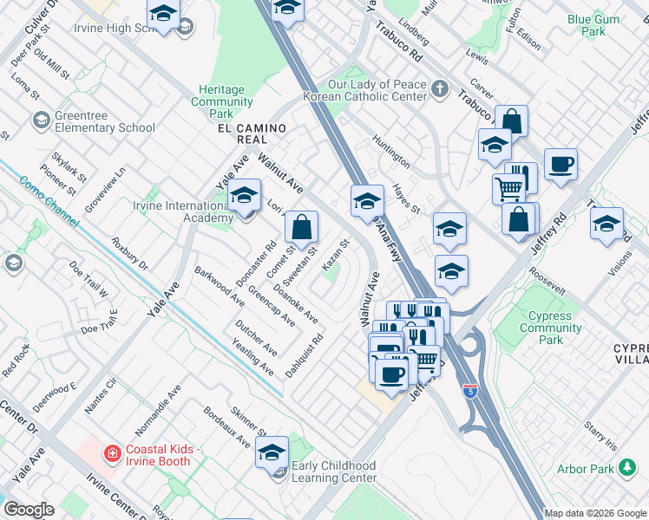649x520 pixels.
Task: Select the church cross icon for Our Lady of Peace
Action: point(440,88)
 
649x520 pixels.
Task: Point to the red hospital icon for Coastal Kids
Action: point(111,453)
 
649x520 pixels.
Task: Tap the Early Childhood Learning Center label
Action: point(334,471)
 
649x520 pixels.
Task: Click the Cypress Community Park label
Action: point(551,328)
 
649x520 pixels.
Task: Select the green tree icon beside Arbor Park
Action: point(626,469)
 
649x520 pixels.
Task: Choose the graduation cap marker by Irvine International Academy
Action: point(245,196)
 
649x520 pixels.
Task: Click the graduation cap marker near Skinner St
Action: point(272,451)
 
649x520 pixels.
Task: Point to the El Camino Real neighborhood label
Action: point(251,133)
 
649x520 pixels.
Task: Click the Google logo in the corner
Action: point(29,510)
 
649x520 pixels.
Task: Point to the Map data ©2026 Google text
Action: point(594,513)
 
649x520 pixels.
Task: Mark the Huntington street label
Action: point(391,150)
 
